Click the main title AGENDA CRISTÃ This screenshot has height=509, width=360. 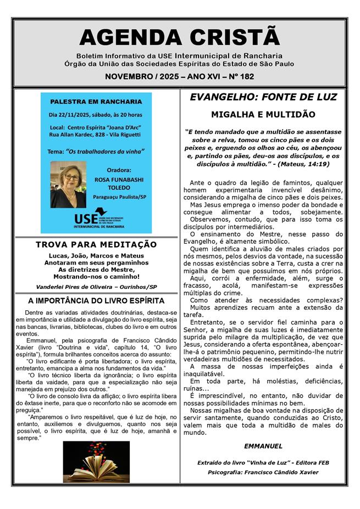tap(180, 37)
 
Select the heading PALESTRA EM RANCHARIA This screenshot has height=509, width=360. tap(96, 102)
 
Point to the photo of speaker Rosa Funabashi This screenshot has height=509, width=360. tap(68, 184)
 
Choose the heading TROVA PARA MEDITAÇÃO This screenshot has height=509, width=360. tap(96, 244)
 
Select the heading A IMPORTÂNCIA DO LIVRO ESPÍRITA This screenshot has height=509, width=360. tap(96, 301)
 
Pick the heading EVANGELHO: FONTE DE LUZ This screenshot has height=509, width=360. tap(263, 97)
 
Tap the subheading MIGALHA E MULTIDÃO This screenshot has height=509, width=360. tap(263, 115)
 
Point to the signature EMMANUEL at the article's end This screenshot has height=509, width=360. tap(263, 446)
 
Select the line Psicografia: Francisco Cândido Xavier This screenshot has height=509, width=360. tap(263, 472)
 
